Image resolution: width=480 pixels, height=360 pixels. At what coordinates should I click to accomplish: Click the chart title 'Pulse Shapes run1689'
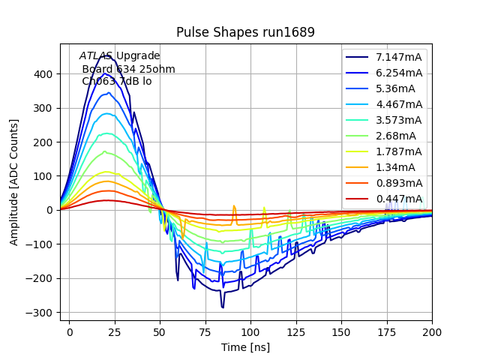click(245, 32)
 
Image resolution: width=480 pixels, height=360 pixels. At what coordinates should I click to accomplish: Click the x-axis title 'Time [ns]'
click(245, 347)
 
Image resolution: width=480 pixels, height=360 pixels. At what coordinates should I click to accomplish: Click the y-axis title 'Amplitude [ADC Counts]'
click(14, 181)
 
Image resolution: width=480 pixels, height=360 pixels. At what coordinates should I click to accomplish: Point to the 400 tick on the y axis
click(42, 74)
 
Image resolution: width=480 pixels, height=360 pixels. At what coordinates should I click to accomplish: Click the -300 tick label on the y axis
click(40, 313)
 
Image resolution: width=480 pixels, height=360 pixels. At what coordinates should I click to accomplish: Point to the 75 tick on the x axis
click(205, 331)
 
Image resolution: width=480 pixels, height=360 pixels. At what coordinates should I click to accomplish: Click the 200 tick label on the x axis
click(432, 331)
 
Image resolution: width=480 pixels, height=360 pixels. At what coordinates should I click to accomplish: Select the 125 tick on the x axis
click(296, 331)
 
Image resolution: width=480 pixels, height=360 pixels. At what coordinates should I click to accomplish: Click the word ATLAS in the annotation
click(96, 56)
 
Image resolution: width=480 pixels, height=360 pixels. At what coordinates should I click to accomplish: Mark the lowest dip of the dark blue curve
click(223, 307)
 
